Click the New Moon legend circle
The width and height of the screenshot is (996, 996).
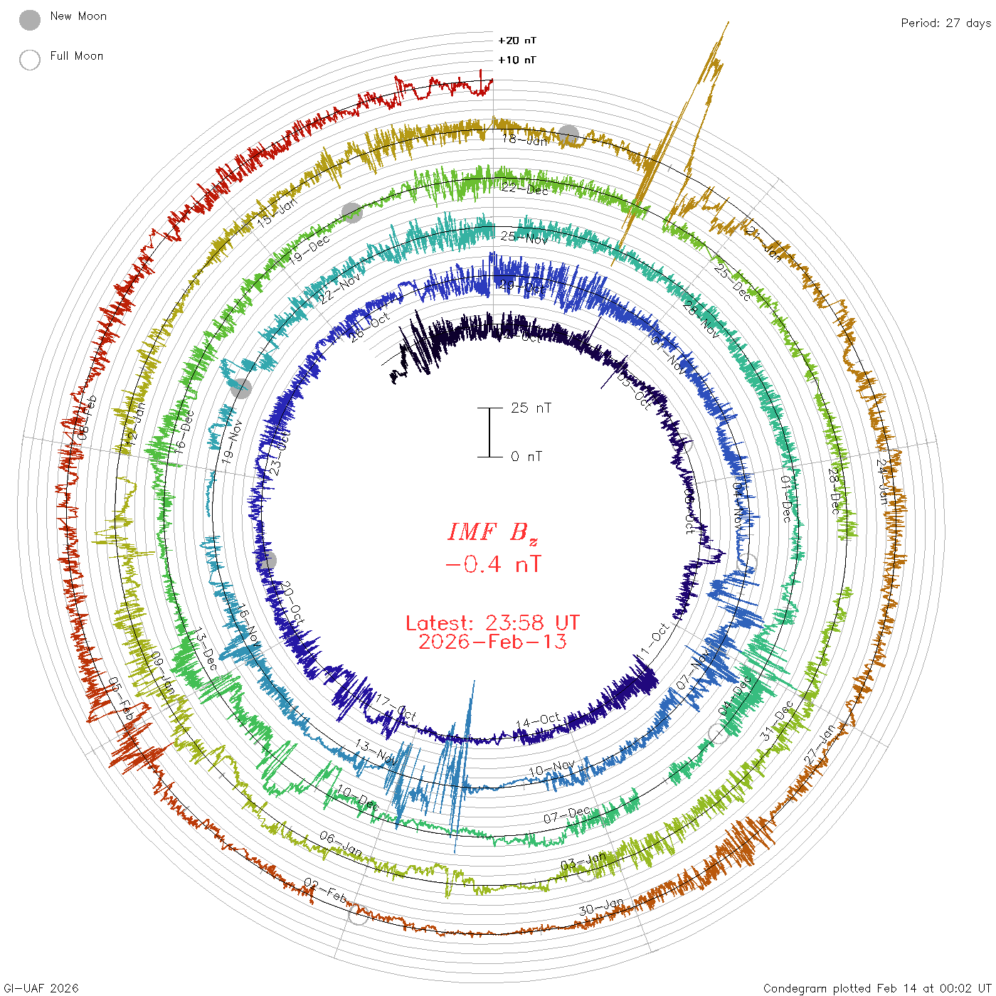coord(30,21)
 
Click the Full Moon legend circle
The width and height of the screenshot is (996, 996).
coord(30,60)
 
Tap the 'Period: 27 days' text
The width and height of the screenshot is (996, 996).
coord(945,23)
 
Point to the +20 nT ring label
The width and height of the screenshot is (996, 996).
coord(517,41)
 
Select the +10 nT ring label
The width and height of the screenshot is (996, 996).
coord(517,60)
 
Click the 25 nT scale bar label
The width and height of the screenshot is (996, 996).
coord(531,408)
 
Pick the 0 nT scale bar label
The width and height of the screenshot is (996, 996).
coord(526,456)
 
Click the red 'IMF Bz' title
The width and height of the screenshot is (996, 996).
coord(493,532)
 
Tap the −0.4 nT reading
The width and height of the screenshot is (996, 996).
coord(493,565)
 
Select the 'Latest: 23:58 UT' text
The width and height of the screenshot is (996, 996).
coord(493,623)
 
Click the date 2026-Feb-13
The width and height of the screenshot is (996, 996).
coord(493,642)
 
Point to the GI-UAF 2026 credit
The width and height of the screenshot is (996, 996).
coord(41,988)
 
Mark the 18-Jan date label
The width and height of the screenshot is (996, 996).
coord(525,140)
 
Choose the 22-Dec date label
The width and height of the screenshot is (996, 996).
coord(525,189)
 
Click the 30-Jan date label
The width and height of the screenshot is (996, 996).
coord(601,908)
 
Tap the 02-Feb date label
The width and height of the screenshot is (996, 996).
coord(325,890)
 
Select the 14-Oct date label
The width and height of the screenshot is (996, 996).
coord(538,721)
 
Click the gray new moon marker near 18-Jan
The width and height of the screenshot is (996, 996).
coord(568,135)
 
